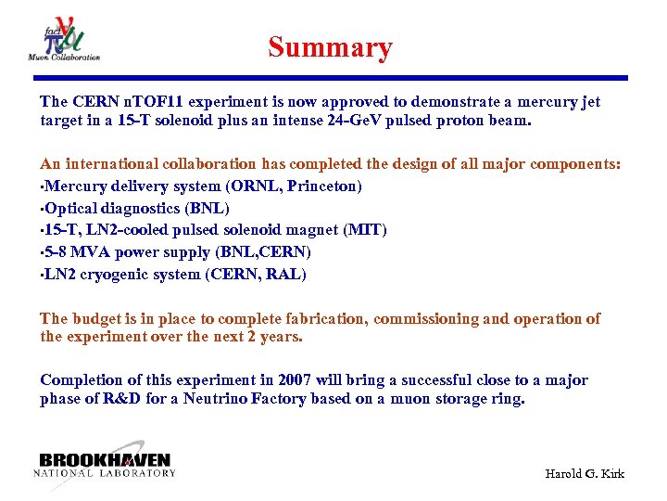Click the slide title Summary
tap(330, 47)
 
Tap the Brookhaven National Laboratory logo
tap(105, 465)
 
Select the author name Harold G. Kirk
tap(584, 473)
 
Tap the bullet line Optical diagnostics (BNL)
tap(136, 208)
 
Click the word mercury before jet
tap(543, 101)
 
